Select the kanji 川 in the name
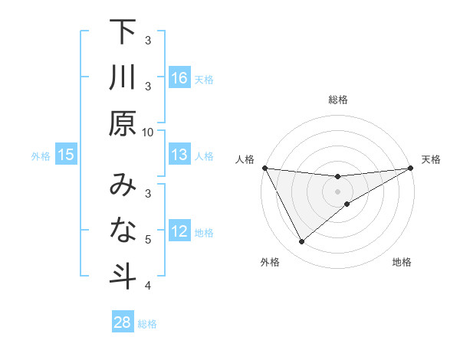(x=123, y=79)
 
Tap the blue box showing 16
(x=179, y=78)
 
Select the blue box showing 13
(x=179, y=155)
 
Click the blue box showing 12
(x=179, y=232)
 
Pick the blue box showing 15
(x=66, y=155)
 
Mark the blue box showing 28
(x=123, y=322)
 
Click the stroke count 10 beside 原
(x=148, y=132)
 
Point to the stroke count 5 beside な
(x=148, y=240)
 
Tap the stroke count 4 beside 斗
(x=148, y=286)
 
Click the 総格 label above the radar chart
(x=337, y=100)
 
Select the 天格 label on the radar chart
(x=432, y=159)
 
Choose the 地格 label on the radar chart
(x=402, y=263)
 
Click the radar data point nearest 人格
(x=264, y=168)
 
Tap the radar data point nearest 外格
(x=301, y=242)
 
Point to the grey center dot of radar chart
(x=337, y=191)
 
